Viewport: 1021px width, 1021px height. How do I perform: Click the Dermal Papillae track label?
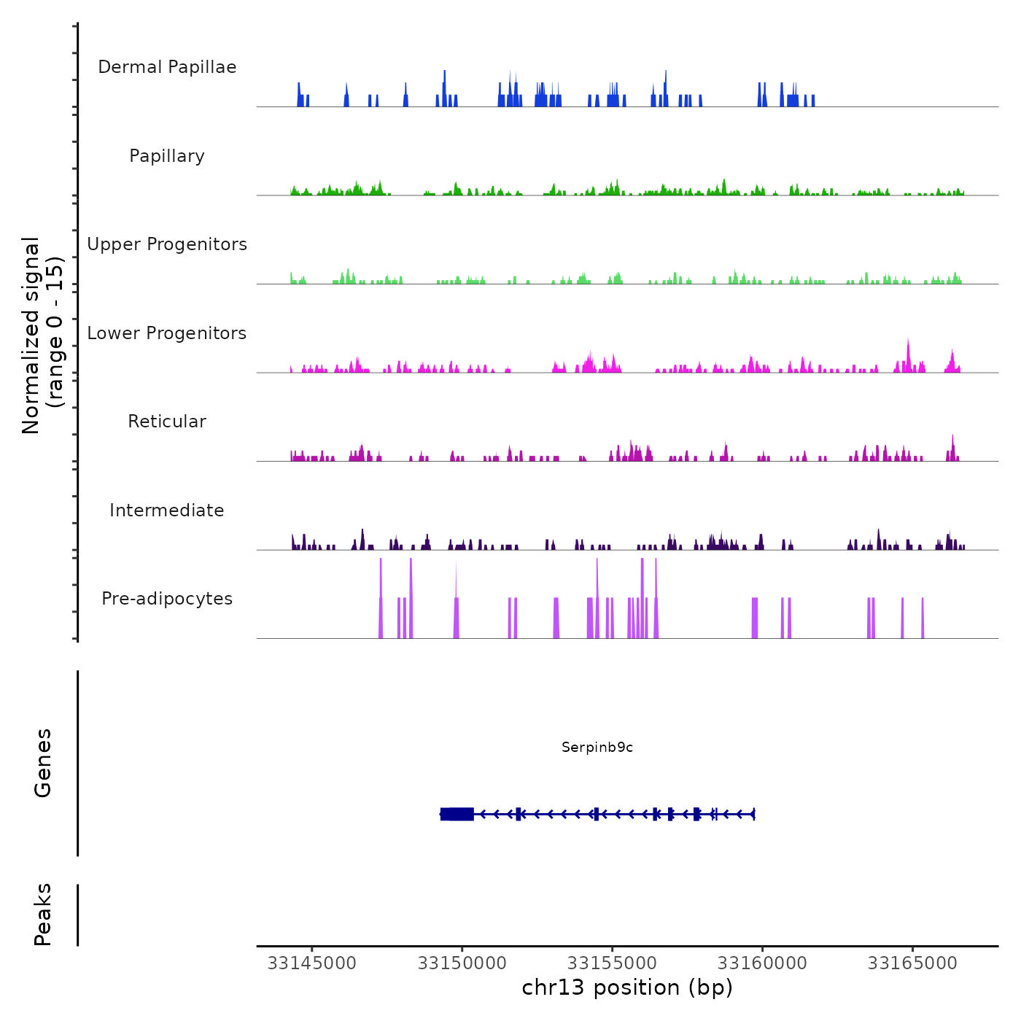pyautogui.click(x=167, y=67)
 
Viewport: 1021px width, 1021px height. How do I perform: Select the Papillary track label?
pyautogui.click(x=167, y=156)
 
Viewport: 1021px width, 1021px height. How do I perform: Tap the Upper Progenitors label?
pyautogui.click(x=167, y=244)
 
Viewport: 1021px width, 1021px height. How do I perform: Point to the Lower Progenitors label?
pyautogui.click(x=167, y=333)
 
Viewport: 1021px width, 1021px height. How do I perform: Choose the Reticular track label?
pyautogui.click(x=167, y=422)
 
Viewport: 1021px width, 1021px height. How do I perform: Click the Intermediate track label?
pyautogui.click(x=167, y=510)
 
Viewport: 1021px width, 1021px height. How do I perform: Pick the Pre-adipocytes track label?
pyautogui.click(x=167, y=599)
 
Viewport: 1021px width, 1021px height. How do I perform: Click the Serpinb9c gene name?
pyautogui.click(x=597, y=747)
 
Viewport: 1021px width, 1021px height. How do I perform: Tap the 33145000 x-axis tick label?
pyautogui.click(x=312, y=963)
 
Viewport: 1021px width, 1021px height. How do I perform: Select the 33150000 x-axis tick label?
pyautogui.click(x=462, y=963)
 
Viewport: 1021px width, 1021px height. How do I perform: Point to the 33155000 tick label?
pyautogui.click(x=613, y=963)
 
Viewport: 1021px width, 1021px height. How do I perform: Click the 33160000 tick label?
pyautogui.click(x=763, y=963)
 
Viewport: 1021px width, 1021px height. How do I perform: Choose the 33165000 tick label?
pyautogui.click(x=912, y=963)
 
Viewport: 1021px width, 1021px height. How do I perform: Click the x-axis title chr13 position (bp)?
pyautogui.click(x=627, y=987)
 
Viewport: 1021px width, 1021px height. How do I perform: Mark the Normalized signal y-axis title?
pyautogui.click(x=42, y=335)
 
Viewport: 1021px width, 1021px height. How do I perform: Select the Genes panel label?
pyautogui.click(x=43, y=763)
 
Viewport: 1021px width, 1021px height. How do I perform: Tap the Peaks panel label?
pyautogui.click(x=43, y=915)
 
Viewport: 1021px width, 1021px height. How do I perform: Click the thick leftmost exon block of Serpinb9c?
pyautogui.click(x=457, y=814)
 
